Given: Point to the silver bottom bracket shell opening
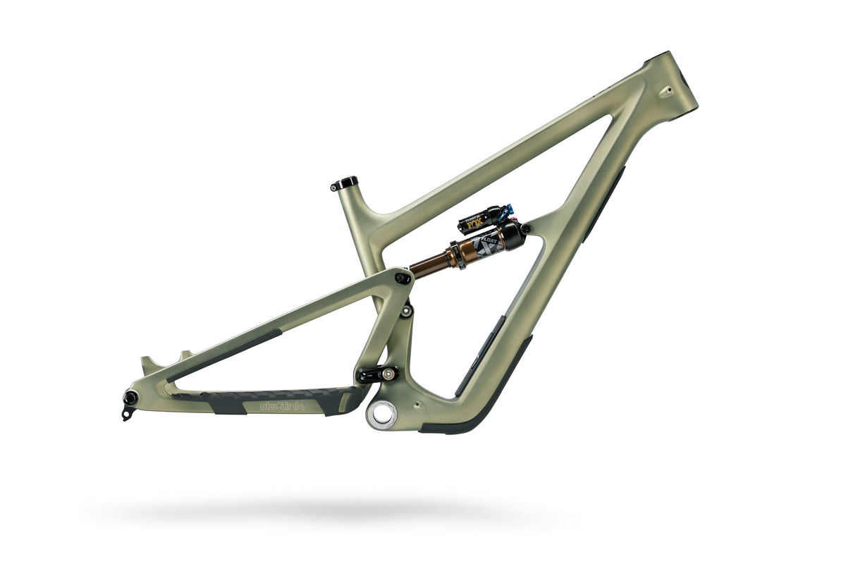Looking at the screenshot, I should pyautogui.click(x=380, y=414).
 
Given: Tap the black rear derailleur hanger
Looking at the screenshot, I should pyautogui.click(x=128, y=409).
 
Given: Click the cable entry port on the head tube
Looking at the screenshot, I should pyautogui.click(x=664, y=91).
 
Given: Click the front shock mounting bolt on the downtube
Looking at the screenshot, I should pyautogui.click(x=525, y=228).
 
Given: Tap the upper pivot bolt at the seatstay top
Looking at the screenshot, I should pyautogui.click(x=403, y=278).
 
